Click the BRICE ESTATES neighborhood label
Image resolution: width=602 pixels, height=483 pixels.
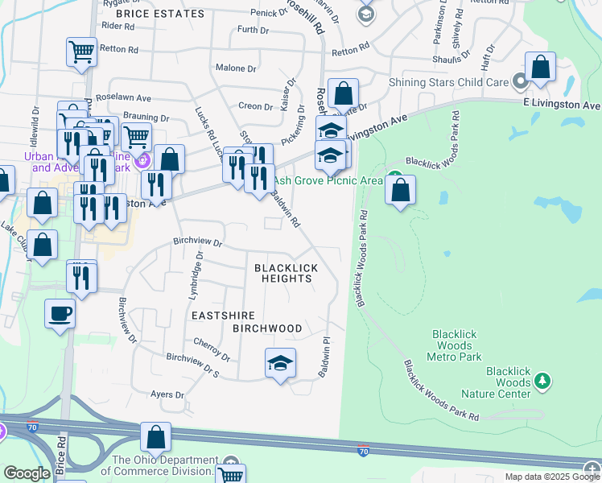pyautogui.click(x=160, y=14)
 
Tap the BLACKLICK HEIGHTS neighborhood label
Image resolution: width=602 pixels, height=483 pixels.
pyautogui.click(x=287, y=273)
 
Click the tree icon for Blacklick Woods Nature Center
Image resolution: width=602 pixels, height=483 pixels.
pyautogui.click(x=542, y=379)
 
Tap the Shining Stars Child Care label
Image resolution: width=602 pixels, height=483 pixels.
pyautogui.click(x=448, y=81)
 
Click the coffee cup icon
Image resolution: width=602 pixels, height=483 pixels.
pyautogui.click(x=60, y=312)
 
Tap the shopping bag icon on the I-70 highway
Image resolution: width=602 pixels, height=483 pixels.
pyautogui.click(x=156, y=436)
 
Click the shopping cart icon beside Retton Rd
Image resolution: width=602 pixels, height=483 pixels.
pyautogui.click(x=81, y=52)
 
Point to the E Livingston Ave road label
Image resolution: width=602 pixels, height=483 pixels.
pyautogui.click(x=561, y=105)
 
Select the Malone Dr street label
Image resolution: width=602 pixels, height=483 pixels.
pyautogui.click(x=235, y=68)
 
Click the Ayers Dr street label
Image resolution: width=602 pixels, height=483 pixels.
pyautogui.click(x=167, y=395)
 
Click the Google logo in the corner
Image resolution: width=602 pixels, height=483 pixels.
pyautogui.click(x=27, y=473)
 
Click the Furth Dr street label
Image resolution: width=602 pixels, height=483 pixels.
pyautogui.click(x=253, y=30)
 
